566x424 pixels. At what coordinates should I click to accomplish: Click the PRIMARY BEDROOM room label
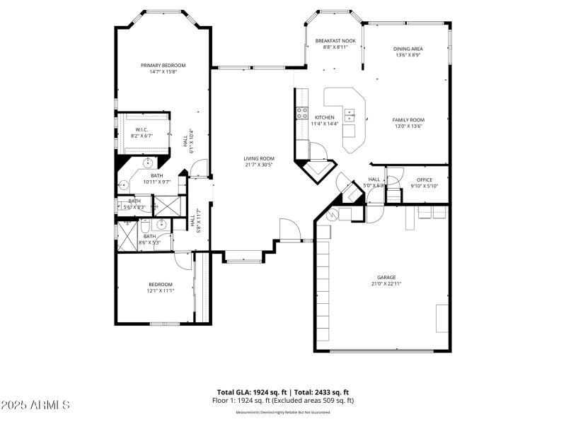coord(163,65)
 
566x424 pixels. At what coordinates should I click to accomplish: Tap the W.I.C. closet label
coord(141,129)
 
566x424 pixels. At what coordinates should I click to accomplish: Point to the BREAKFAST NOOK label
coord(335,41)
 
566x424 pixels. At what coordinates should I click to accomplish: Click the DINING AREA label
coord(408,49)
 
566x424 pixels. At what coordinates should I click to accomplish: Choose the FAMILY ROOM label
coord(408,119)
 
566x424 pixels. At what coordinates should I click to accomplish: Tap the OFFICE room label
coord(424,179)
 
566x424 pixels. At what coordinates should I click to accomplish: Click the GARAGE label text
coord(386,277)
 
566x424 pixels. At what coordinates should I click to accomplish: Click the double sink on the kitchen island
coord(350,114)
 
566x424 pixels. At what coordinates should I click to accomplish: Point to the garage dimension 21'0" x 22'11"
coord(386,283)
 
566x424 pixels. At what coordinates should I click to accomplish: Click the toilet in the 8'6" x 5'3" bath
coord(144,227)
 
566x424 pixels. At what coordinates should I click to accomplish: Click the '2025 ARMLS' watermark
coord(35,405)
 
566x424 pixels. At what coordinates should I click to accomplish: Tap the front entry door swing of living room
coord(289,230)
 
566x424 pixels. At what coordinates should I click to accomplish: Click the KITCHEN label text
coord(325,117)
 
